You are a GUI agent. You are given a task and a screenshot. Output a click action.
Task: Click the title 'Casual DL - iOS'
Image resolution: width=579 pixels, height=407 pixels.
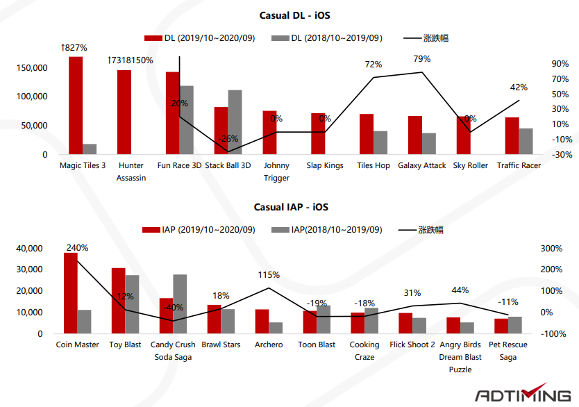[x=290, y=15]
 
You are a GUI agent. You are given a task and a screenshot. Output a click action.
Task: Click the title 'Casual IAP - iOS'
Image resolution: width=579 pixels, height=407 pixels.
[x=290, y=207]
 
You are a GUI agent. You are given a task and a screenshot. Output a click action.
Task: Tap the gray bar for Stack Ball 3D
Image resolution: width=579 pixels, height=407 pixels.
[x=235, y=122]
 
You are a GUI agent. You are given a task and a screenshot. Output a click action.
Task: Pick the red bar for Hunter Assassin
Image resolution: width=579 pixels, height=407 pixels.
[x=124, y=112]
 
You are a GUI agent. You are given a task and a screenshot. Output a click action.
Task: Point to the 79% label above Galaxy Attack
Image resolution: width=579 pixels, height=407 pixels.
[x=421, y=59]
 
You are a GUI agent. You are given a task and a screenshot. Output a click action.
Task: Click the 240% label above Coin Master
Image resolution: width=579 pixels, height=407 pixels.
[x=77, y=247]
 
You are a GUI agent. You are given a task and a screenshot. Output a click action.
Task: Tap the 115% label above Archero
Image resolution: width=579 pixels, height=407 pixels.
[x=268, y=275]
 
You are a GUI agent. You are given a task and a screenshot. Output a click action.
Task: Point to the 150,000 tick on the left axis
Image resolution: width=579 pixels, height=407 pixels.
[x=31, y=68]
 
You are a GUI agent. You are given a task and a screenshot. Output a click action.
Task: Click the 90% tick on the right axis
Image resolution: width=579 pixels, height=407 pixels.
[x=560, y=64]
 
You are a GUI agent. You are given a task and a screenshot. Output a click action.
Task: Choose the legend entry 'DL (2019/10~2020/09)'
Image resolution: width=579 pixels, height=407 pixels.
[x=200, y=38]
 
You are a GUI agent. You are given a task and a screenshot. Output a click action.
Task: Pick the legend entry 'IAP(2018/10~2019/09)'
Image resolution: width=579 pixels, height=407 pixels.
[x=327, y=229]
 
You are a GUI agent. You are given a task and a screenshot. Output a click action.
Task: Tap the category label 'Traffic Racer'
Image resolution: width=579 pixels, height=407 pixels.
[x=519, y=165]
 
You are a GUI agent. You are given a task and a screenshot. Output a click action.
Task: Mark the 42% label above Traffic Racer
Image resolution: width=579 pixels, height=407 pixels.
[x=519, y=88]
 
